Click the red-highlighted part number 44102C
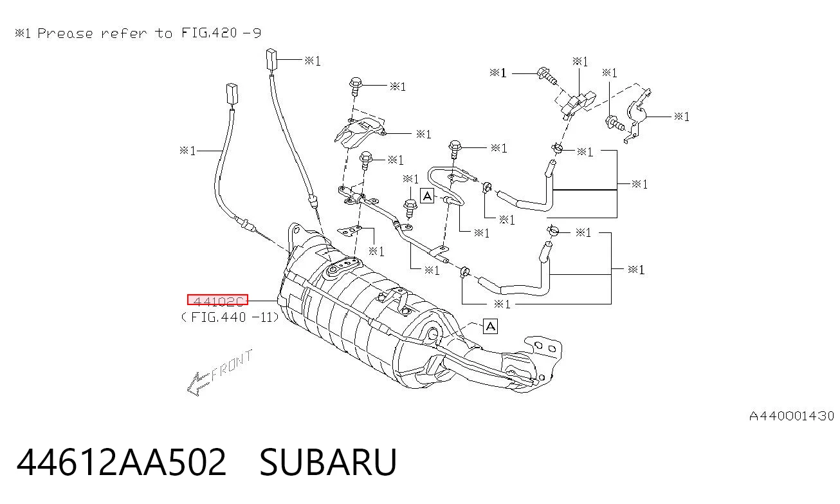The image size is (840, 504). click(x=217, y=300)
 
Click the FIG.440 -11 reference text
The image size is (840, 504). click(x=230, y=317)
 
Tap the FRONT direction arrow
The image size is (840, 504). click(x=219, y=372)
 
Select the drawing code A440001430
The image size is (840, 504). click(x=792, y=416)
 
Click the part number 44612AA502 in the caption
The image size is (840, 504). click(x=121, y=462)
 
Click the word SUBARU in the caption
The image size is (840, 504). click(x=328, y=462)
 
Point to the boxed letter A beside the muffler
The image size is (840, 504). click(x=491, y=326)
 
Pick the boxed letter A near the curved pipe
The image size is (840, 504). click(x=427, y=196)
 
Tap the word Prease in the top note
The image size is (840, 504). click(x=65, y=33)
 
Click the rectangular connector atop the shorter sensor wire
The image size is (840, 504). click(x=232, y=93)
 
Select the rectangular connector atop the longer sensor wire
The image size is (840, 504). click(x=271, y=59)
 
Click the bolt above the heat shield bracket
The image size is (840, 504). click(x=355, y=87)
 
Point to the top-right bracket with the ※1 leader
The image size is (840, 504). click(x=637, y=115)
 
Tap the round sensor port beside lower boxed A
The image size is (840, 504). click(x=433, y=333)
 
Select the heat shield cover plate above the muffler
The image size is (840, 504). click(x=360, y=131)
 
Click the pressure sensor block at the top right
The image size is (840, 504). click(x=576, y=102)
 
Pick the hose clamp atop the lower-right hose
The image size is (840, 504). click(x=552, y=230)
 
